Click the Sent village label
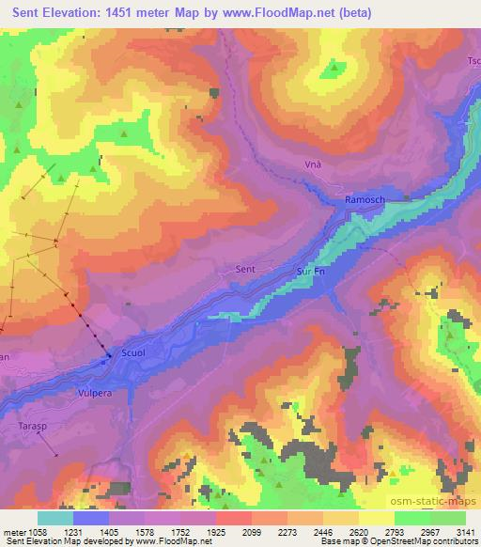244,270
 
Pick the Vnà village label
314,164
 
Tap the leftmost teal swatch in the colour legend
55,517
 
